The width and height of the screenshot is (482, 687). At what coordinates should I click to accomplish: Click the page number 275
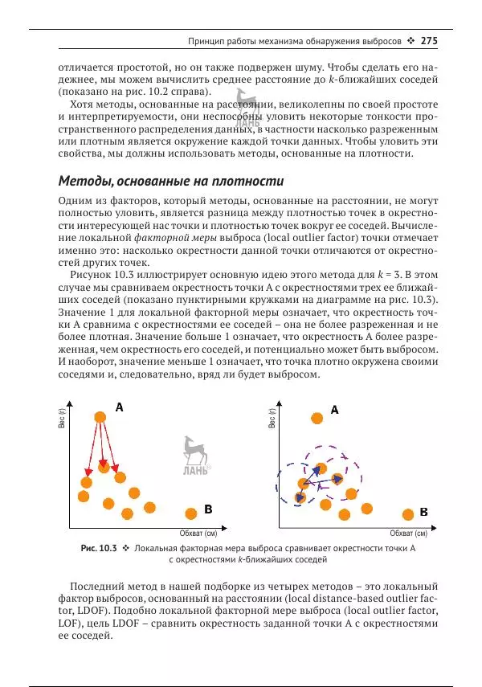click(x=427, y=40)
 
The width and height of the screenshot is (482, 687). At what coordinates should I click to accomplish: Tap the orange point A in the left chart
click(x=100, y=416)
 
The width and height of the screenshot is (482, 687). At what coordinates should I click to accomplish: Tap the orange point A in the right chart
click(x=317, y=418)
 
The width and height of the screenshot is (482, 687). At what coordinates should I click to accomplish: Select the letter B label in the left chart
click(x=208, y=509)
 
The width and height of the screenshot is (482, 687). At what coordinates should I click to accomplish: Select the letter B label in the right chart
click(x=423, y=511)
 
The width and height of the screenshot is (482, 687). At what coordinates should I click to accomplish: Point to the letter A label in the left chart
click(x=119, y=407)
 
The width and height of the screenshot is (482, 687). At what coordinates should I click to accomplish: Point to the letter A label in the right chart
click(x=335, y=409)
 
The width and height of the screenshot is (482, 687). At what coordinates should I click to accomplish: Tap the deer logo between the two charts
click(x=195, y=454)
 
